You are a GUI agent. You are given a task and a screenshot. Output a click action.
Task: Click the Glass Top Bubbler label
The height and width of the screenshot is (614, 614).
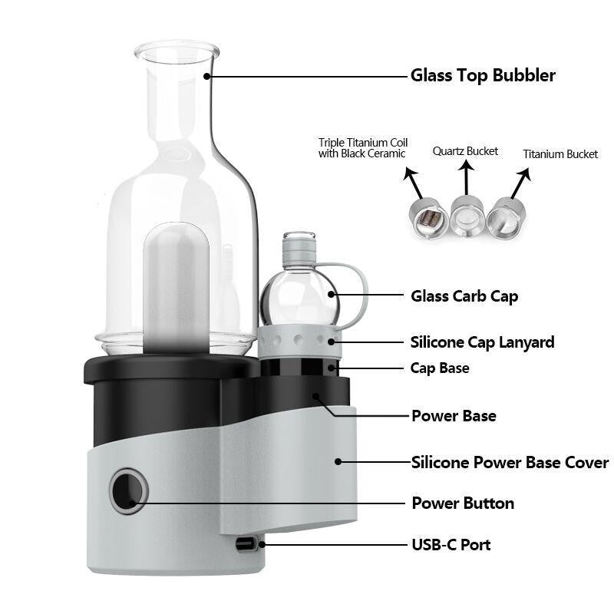click(x=482, y=75)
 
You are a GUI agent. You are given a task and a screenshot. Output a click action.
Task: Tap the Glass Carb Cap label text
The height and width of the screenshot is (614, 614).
click(x=464, y=296)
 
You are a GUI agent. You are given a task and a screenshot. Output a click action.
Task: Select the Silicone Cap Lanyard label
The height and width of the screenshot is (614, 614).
click(x=482, y=342)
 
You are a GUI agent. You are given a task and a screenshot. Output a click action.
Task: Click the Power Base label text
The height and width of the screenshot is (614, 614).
click(x=454, y=416)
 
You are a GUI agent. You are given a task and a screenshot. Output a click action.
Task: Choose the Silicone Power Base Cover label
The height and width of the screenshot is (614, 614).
click(x=510, y=463)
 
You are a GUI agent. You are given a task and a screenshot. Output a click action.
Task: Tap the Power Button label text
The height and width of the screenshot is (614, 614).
click(x=463, y=503)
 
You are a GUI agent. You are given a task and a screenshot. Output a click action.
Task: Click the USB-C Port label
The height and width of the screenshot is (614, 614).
click(x=451, y=545)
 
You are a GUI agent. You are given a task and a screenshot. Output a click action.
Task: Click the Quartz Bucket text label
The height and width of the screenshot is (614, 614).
click(x=465, y=151)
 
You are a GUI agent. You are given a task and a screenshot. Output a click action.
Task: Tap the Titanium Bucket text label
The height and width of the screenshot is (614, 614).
click(x=560, y=154)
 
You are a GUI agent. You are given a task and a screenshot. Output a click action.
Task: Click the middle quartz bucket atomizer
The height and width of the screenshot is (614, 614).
click(x=466, y=216)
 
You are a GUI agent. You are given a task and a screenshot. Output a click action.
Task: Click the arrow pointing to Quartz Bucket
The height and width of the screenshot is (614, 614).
click(x=465, y=178)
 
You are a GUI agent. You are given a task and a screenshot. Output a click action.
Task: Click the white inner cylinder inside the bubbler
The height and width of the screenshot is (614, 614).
click(x=176, y=288)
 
